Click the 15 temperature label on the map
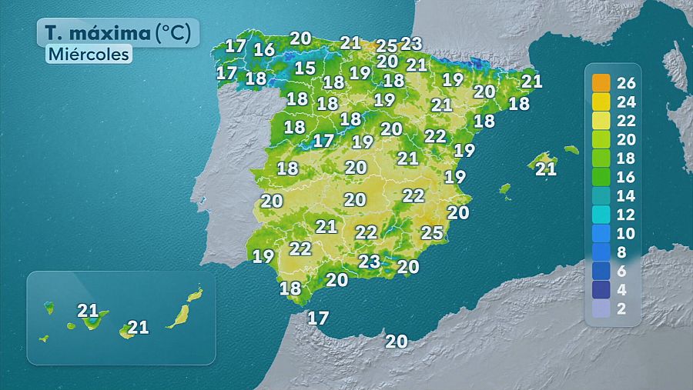click(305, 68)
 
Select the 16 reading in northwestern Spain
click(264, 50)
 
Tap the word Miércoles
click(88, 55)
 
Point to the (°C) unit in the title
click(177, 33)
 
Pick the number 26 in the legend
click(625, 82)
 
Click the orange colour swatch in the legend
click(601, 82)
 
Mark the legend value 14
click(625, 195)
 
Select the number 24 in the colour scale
click(625, 102)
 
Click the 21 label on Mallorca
click(545, 168)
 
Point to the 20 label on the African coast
click(396, 342)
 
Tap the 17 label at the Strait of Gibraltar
click(318, 317)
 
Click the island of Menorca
click(571, 149)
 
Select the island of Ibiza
click(505, 188)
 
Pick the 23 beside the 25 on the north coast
click(412, 44)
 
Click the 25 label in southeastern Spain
click(432, 232)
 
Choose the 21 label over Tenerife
click(88, 311)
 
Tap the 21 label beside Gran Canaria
click(138, 328)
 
